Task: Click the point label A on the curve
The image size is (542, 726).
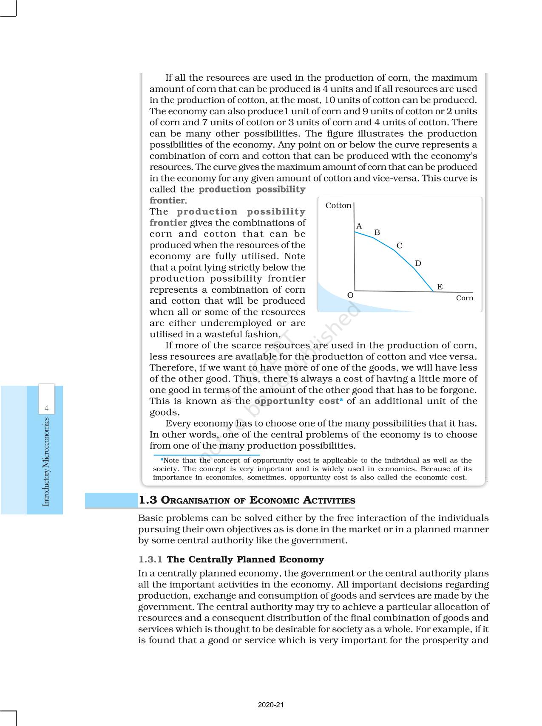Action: tap(359, 226)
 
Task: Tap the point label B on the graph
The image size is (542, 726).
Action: tap(377, 232)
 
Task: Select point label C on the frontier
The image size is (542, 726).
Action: tap(399, 246)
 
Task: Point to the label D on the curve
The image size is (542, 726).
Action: tap(418, 263)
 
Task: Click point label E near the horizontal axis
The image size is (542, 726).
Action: tap(440, 287)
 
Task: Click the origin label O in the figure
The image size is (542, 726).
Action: tap(350, 295)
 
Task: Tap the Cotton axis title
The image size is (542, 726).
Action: tap(338, 206)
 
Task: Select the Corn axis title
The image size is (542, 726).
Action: tap(465, 298)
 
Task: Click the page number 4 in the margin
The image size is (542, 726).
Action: tap(47, 409)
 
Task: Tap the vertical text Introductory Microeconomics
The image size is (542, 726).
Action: tap(46, 462)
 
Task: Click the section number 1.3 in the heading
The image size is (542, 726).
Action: tap(148, 500)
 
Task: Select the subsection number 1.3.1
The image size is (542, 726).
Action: tap(150, 559)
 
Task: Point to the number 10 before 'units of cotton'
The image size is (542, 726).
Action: tap(330, 100)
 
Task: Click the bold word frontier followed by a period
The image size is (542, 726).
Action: tap(167, 201)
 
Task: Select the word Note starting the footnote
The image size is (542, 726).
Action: tap(171, 460)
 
